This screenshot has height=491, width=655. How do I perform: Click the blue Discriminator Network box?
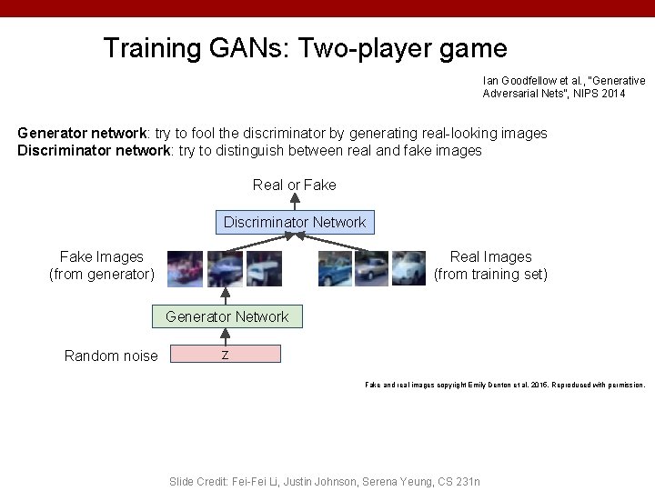295,222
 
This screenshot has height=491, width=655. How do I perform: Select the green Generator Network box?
227,316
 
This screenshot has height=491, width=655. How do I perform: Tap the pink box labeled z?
226,355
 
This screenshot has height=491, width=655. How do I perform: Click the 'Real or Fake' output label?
294,185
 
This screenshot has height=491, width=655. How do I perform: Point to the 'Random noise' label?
111,356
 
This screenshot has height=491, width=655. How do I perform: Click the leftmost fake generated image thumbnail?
186,268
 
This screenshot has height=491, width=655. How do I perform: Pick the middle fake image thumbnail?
225,268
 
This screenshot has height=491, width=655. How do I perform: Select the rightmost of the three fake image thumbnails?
264,268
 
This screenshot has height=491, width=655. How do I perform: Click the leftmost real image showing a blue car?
335,268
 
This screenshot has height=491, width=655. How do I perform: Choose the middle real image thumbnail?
371,268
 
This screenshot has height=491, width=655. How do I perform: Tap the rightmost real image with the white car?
408,268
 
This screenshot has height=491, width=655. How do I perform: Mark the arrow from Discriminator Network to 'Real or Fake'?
294,203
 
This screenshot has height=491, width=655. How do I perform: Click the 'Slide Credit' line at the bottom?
325,481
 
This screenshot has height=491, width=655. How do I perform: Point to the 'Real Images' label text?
490,257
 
